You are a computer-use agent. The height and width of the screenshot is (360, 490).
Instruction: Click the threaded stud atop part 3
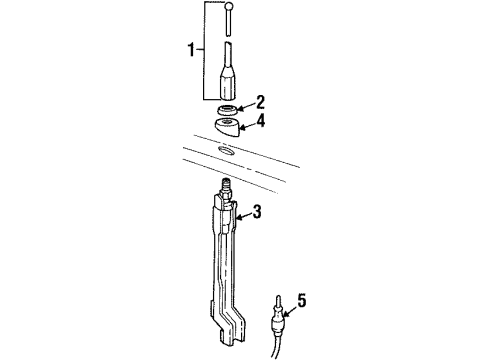226,187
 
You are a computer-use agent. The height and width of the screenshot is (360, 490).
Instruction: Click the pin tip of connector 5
277,296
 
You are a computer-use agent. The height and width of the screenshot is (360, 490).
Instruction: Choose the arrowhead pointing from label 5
288,303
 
